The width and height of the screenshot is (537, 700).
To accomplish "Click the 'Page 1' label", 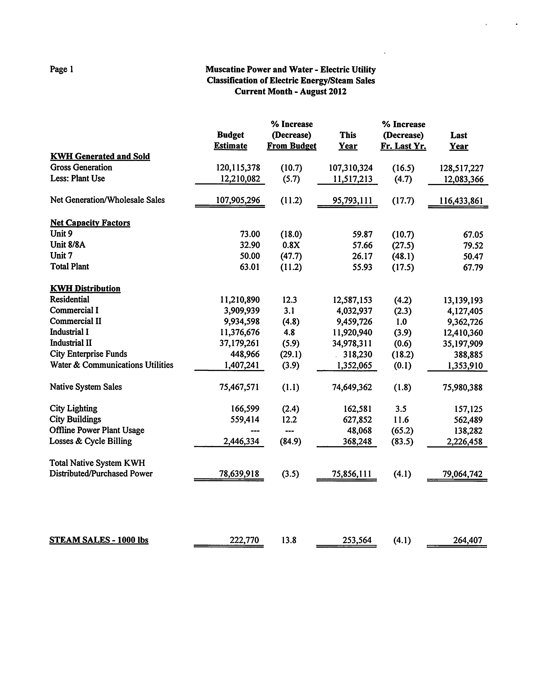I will coord(61,69).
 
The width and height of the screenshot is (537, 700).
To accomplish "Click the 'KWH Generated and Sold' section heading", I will coord(100,156).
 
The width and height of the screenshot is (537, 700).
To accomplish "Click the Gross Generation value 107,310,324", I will coord(351,168).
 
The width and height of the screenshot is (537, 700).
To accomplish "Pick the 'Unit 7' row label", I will coord(61,256).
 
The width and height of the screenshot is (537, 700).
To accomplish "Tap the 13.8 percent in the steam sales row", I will coord(289,540).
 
